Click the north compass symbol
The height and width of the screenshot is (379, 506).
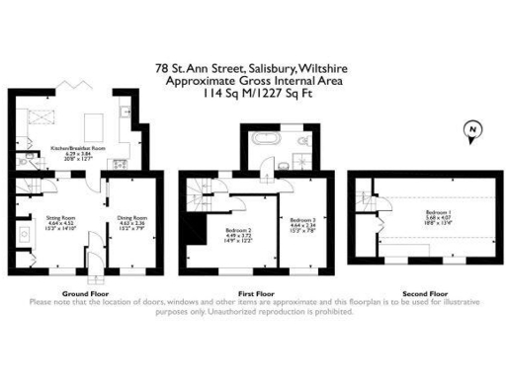coord(473,130)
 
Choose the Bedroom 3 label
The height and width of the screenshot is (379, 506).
coord(301,222)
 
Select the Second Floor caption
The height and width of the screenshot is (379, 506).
coord(425,294)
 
